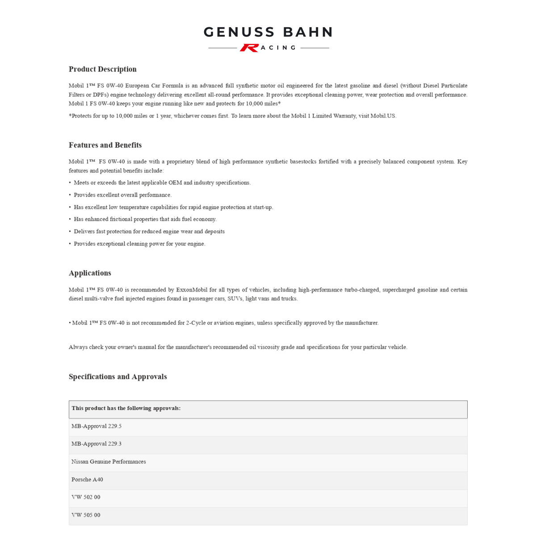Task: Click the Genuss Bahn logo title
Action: [268, 32]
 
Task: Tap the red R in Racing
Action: [249, 48]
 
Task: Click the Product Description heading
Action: [103, 69]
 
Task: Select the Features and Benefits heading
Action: [105, 145]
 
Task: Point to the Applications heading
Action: [90, 273]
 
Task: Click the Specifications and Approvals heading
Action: [118, 377]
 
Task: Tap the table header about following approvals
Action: [126, 408]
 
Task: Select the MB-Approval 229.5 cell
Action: [96, 426]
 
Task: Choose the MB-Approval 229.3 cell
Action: [96, 444]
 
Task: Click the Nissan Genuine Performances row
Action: [109, 462]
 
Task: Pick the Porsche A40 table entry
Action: [87, 480]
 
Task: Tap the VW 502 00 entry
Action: [86, 497]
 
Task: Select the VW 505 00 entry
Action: [86, 515]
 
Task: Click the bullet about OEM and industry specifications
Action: [162, 183]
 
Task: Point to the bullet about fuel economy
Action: [145, 219]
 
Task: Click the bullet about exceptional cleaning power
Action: [139, 244]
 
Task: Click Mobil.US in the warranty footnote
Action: [383, 116]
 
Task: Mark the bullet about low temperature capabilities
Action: [173, 207]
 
